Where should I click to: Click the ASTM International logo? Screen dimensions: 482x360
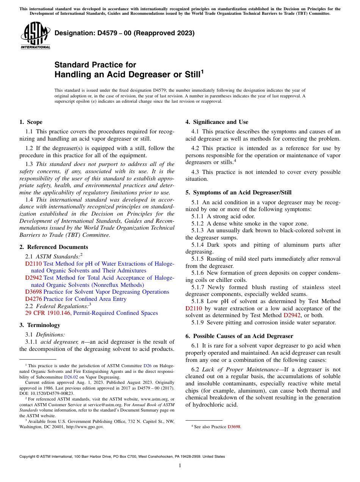35,36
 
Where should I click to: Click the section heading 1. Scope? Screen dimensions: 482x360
31,122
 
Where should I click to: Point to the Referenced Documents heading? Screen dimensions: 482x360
53,247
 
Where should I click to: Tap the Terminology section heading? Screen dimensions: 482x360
40,325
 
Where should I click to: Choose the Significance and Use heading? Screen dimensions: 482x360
217,122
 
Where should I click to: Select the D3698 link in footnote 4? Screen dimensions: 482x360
234,427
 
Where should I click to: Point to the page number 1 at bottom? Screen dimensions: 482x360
180,466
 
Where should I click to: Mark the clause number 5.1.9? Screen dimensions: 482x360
199,322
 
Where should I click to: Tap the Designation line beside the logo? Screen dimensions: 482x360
125,33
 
